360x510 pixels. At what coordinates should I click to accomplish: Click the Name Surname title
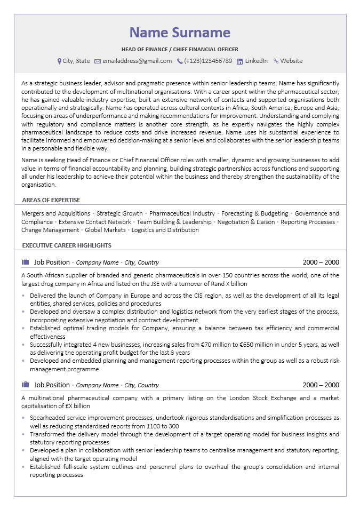pos(180,33)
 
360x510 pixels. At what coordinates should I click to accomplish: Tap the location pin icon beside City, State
pos(59,61)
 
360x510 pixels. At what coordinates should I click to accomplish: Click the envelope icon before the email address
pos(98,61)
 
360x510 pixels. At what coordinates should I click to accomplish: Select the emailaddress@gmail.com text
pos(137,61)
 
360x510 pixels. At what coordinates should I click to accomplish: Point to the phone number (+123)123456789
pos(208,61)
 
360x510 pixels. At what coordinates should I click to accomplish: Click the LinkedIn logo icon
pos(239,61)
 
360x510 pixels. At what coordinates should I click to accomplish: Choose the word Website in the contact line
pos(291,61)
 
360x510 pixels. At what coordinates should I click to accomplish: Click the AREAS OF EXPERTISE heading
pos(51,200)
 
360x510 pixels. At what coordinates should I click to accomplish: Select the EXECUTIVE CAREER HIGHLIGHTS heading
pos(67,245)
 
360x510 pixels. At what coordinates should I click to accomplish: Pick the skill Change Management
pos(50,230)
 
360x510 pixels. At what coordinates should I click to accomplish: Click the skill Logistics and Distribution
pos(165,230)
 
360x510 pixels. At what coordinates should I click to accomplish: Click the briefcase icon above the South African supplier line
pos(25,262)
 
